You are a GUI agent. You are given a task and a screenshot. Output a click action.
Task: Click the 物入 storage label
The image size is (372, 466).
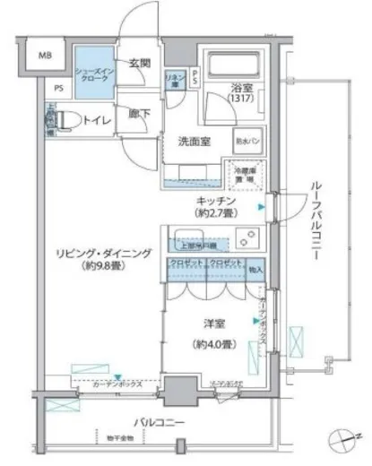255,265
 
